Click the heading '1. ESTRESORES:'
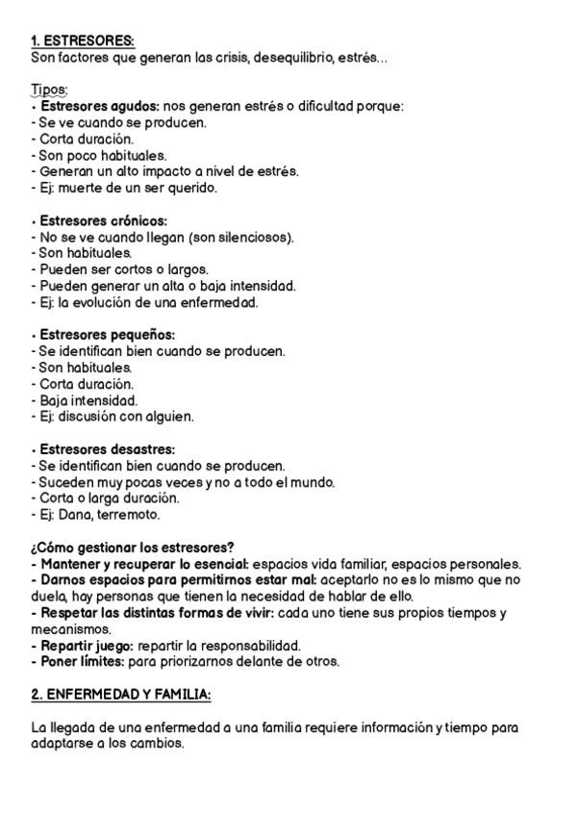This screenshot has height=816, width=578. tap(83, 40)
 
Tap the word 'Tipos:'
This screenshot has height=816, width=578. tap(49, 89)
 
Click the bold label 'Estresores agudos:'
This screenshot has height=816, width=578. tap(100, 106)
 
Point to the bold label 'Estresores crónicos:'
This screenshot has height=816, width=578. tap(103, 220)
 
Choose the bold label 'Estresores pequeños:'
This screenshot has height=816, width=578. tap(107, 335)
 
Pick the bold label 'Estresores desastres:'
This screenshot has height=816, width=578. tap(108, 449)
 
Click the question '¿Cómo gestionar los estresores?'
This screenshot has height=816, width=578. tap(133, 548)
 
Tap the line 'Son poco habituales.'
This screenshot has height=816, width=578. tap(99, 155)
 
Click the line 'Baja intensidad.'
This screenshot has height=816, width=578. tap(88, 400)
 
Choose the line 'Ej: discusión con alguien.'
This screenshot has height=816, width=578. tap(113, 417)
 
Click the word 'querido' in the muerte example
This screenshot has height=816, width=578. tap(194, 188)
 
